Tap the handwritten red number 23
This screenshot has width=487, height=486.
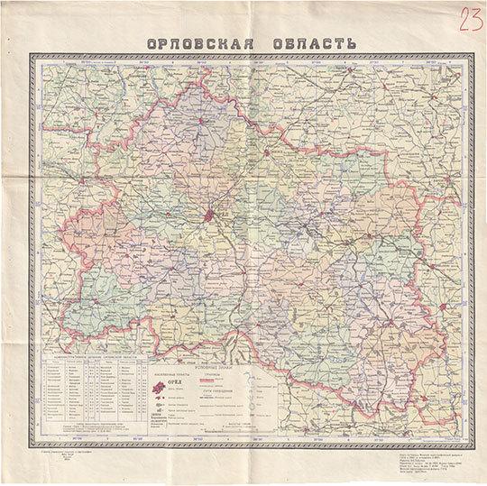tap(469, 19)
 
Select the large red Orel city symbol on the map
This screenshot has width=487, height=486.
tap(209, 215)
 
